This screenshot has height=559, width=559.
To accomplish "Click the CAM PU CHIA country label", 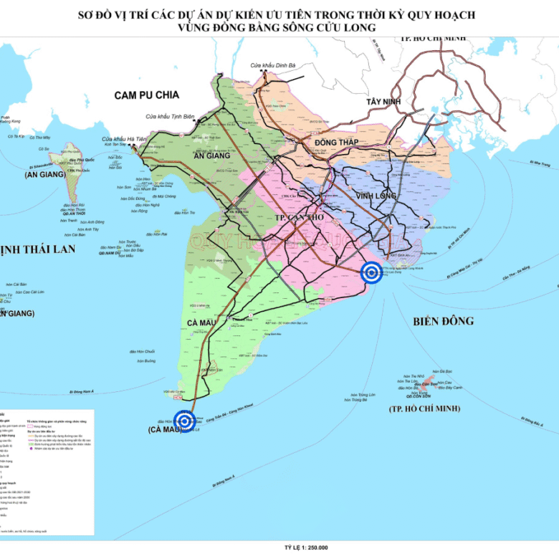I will tap(146, 95).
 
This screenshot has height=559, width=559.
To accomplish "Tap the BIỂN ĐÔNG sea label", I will tap(444, 321).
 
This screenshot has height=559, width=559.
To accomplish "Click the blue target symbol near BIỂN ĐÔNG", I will tap(371, 272).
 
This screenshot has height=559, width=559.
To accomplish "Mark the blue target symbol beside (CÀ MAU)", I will tap(185, 421).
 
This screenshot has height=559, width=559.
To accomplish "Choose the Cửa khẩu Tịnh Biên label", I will tap(170, 116).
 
